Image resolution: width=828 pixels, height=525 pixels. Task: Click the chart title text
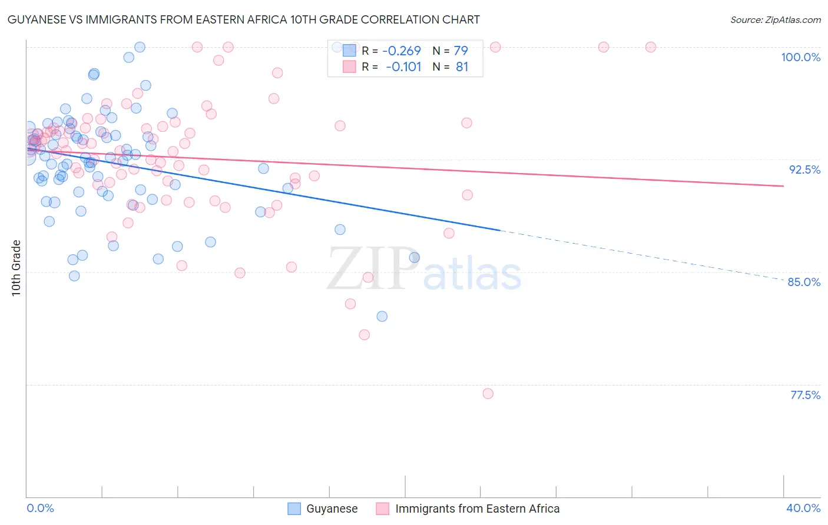click(x=244, y=19)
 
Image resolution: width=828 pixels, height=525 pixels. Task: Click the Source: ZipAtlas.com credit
click(x=775, y=19)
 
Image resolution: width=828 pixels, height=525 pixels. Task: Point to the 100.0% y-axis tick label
click(x=800, y=57)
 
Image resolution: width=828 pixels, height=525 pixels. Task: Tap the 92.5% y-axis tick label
click(x=804, y=170)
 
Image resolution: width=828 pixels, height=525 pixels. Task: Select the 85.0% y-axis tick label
click(x=804, y=282)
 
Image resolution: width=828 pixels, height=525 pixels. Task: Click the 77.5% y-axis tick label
click(x=805, y=395)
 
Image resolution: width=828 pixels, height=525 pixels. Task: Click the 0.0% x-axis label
click(x=40, y=508)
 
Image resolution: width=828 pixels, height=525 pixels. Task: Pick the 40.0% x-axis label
click(x=803, y=508)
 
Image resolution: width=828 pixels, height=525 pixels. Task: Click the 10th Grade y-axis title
click(x=16, y=268)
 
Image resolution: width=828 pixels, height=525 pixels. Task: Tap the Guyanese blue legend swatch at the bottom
click(x=294, y=509)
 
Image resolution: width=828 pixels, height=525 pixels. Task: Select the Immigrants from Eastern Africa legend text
click(x=477, y=509)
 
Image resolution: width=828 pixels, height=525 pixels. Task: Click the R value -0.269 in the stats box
click(x=402, y=51)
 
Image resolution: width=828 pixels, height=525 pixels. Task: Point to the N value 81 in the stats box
click(x=462, y=67)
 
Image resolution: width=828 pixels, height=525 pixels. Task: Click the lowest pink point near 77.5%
click(x=488, y=394)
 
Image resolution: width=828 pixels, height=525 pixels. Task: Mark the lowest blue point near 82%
click(x=382, y=316)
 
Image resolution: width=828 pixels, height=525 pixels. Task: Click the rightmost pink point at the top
click(x=650, y=47)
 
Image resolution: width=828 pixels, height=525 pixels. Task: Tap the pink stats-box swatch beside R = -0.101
click(x=349, y=67)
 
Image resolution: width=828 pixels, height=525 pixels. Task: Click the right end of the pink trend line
click(x=783, y=186)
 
